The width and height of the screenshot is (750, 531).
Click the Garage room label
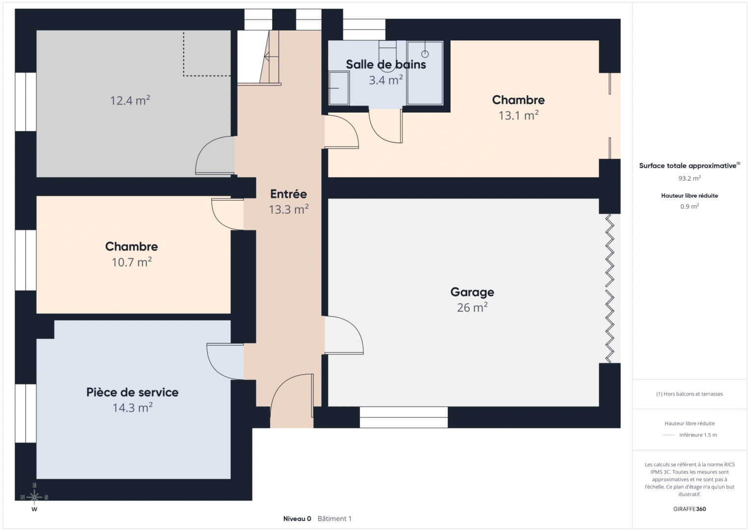tap(472, 292)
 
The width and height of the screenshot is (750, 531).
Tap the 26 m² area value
tap(472, 308)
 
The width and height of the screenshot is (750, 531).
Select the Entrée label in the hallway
tap(288, 194)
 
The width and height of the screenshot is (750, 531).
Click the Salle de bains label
tap(386, 64)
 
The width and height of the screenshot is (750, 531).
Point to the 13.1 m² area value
tap(518, 116)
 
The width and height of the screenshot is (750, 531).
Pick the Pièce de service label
tap(132, 392)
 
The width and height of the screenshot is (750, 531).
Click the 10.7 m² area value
tap(131, 262)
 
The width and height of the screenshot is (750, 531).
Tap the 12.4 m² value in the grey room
tap(130, 101)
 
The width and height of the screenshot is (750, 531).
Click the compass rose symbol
tap(34, 497)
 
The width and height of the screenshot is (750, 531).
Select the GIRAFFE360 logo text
tap(689, 509)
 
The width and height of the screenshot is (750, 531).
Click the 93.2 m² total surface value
tap(689, 178)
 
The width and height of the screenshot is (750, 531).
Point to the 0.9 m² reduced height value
tap(689, 206)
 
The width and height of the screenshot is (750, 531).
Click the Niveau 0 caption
tap(297, 519)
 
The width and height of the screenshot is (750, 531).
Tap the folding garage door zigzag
tap(610, 289)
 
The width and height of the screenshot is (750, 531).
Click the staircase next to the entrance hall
tap(258, 58)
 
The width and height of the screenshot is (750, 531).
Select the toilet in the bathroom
tap(388, 57)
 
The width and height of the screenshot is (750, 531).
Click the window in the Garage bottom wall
tap(403, 417)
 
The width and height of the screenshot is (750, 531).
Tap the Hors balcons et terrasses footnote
tap(689, 394)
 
